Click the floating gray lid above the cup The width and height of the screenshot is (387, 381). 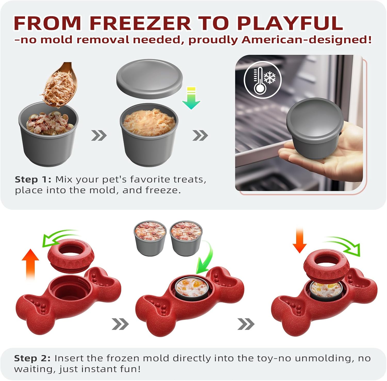[x=149, y=79]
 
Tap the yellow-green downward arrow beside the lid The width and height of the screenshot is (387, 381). [x=191, y=98]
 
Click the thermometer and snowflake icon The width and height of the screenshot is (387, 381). [x=263, y=80]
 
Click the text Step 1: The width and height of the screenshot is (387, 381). [x=33, y=179]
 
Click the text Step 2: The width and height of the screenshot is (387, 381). [x=33, y=358]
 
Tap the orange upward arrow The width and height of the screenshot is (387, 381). [x=30, y=264]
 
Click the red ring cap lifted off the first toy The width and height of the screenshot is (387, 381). [x=71, y=254]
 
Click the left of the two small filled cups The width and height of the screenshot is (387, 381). [x=150, y=237]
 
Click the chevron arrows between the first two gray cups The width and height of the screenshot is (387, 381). [x=99, y=135]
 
